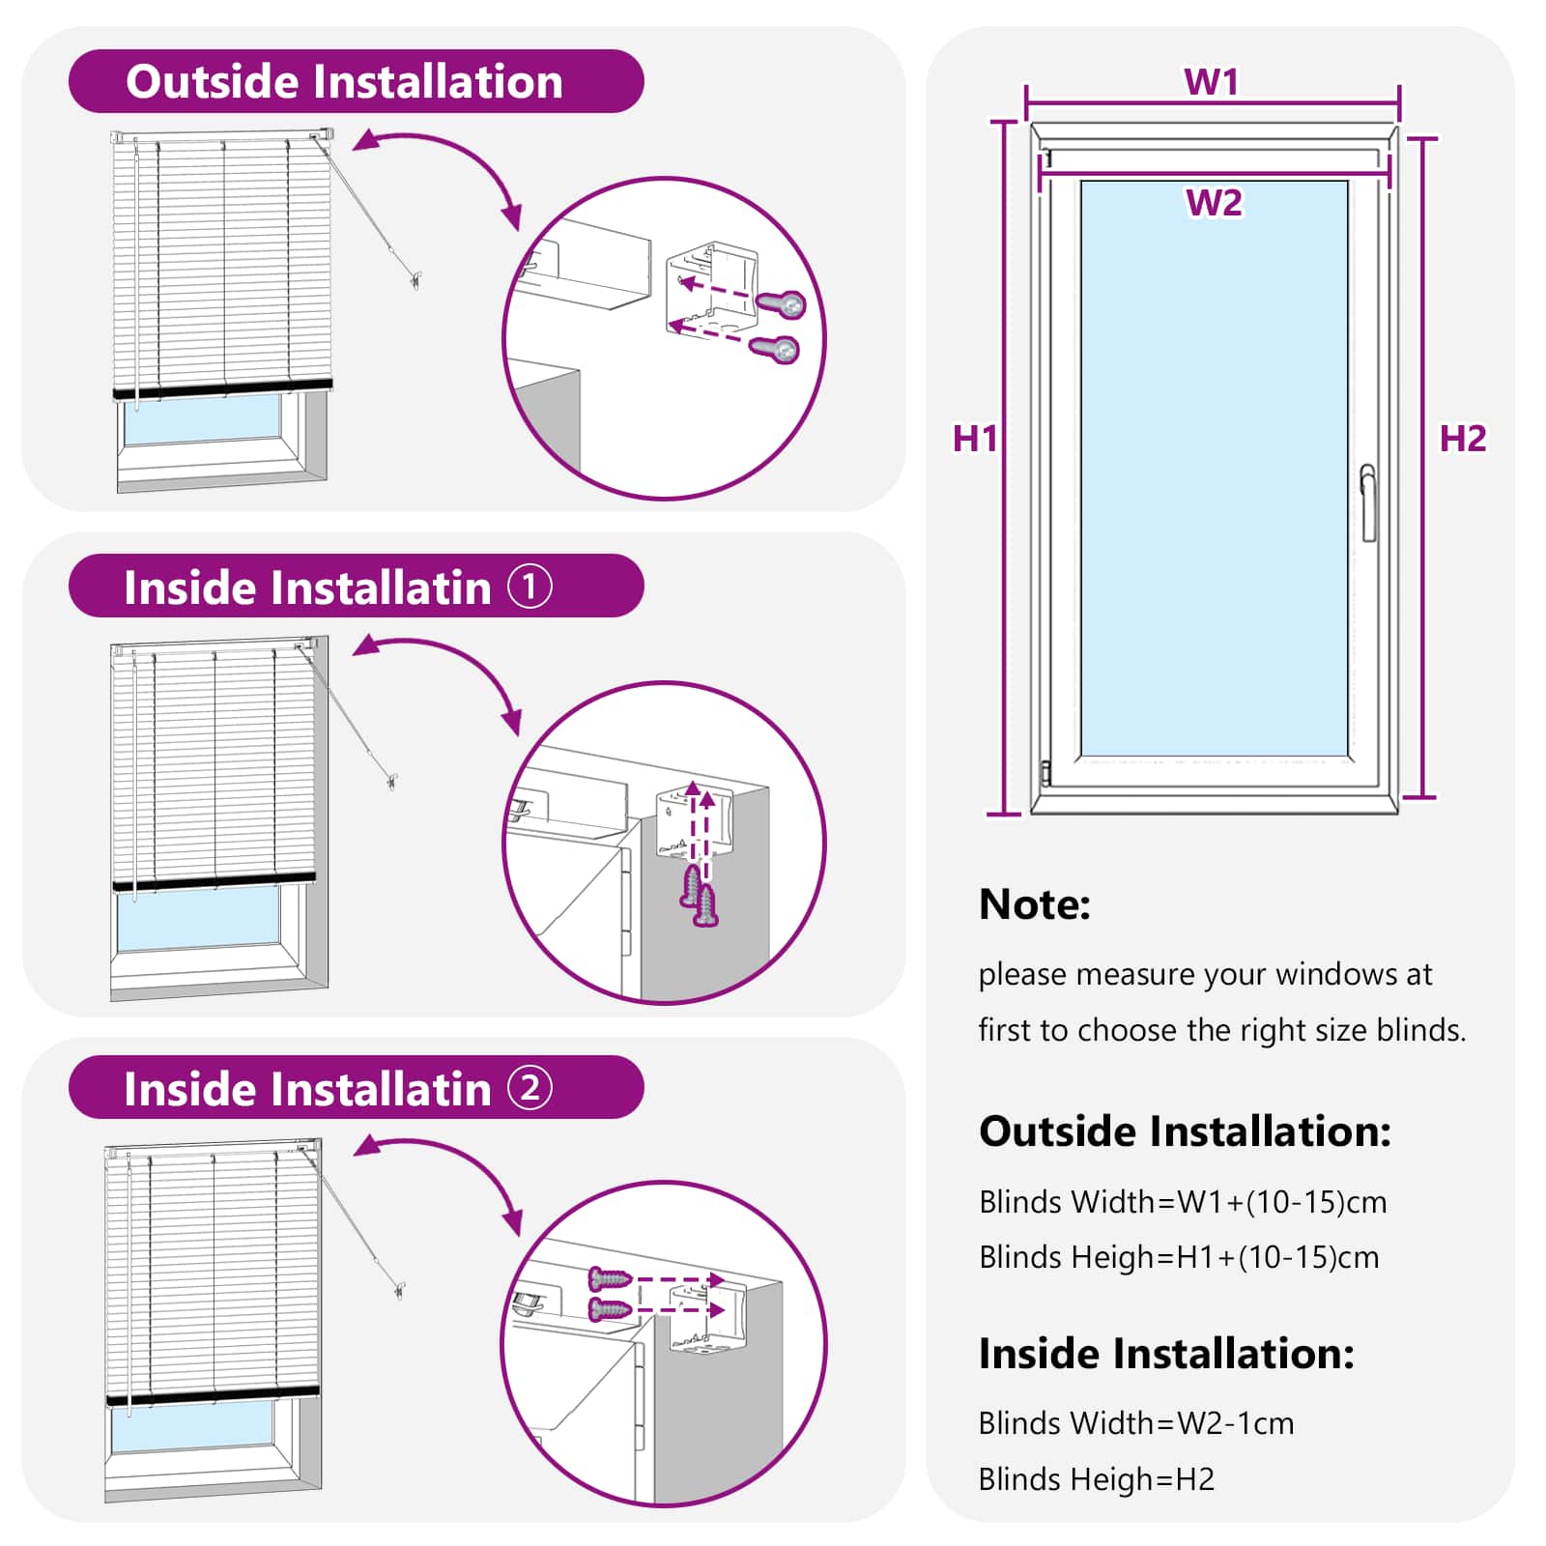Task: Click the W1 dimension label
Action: [x=1211, y=82]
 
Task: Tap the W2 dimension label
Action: [x=1214, y=203]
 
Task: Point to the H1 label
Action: [x=974, y=439]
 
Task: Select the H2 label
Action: [x=1462, y=439]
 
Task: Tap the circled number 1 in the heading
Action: [x=530, y=587]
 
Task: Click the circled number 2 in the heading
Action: [x=530, y=1088]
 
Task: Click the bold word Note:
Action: [x=1034, y=904]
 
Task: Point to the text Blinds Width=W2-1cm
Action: [x=1135, y=1423]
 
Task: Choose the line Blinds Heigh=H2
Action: [x=1096, y=1479]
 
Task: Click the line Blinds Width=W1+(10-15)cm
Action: [x=1183, y=1202]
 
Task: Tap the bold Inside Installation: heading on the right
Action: [x=1165, y=1354]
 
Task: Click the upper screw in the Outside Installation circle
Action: [x=783, y=304]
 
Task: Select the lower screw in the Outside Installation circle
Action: [x=776, y=348]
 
